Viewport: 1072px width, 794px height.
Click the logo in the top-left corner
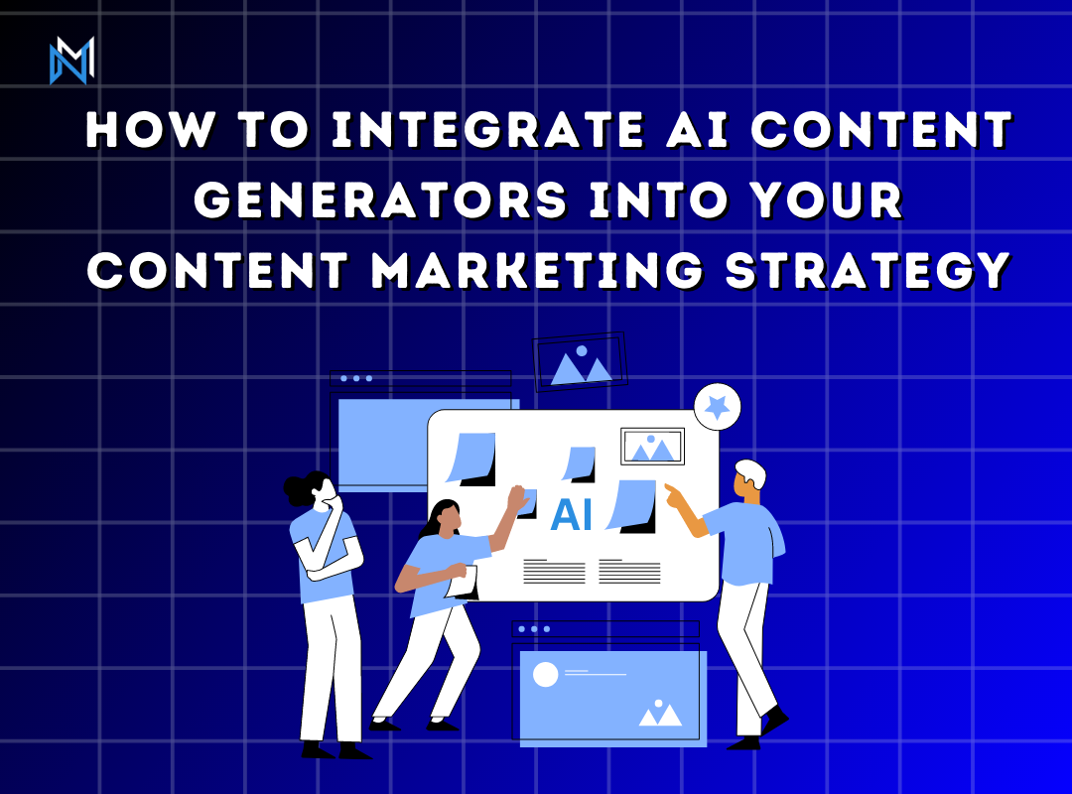(71, 61)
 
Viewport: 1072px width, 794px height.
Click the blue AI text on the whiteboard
(571, 514)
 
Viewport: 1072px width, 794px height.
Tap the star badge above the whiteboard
(717, 406)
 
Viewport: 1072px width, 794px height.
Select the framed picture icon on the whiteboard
(652, 447)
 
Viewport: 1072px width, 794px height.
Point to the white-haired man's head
(748, 477)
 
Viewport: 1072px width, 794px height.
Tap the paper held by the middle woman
(464, 582)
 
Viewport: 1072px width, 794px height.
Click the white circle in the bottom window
(546, 675)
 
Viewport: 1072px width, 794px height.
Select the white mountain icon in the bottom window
(660, 714)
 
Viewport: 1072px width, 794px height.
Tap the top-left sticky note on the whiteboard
(471, 458)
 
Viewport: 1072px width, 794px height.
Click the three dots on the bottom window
(534, 629)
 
